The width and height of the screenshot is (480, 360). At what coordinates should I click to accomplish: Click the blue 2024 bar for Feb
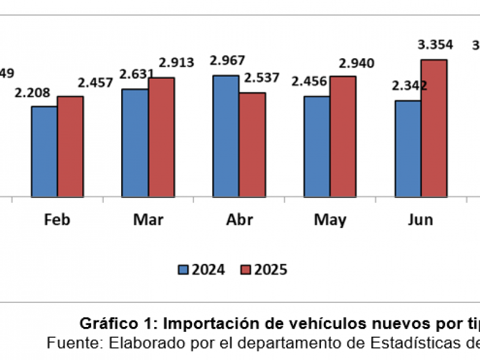[x=44, y=151]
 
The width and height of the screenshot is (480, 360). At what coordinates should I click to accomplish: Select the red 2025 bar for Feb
[x=70, y=146]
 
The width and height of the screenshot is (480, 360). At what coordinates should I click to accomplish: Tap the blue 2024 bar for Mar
[x=135, y=143]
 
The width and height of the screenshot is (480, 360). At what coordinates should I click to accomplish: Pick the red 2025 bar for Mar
[x=161, y=137]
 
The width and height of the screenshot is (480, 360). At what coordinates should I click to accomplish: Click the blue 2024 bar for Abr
[x=226, y=136]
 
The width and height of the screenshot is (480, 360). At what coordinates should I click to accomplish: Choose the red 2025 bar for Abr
[x=252, y=145]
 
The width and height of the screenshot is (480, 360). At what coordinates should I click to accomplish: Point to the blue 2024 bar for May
[x=317, y=146]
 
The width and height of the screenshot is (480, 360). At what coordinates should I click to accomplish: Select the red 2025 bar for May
[x=343, y=136]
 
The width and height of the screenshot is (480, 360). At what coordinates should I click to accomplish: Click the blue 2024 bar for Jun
[x=407, y=148]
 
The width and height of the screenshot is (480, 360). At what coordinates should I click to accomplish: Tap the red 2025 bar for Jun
[x=434, y=128]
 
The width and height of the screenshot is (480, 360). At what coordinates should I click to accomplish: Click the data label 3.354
[x=436, y=45]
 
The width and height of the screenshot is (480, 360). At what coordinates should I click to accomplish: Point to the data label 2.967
[x=226, y=61]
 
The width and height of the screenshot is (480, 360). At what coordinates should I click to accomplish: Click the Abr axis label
[x=239, y=220]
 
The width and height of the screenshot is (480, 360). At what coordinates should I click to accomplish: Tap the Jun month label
[x=421, y=220]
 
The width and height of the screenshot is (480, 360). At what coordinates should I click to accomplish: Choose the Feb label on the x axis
[x=57, y=220]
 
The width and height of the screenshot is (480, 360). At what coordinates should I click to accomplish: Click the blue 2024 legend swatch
[x=183, y=269]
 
